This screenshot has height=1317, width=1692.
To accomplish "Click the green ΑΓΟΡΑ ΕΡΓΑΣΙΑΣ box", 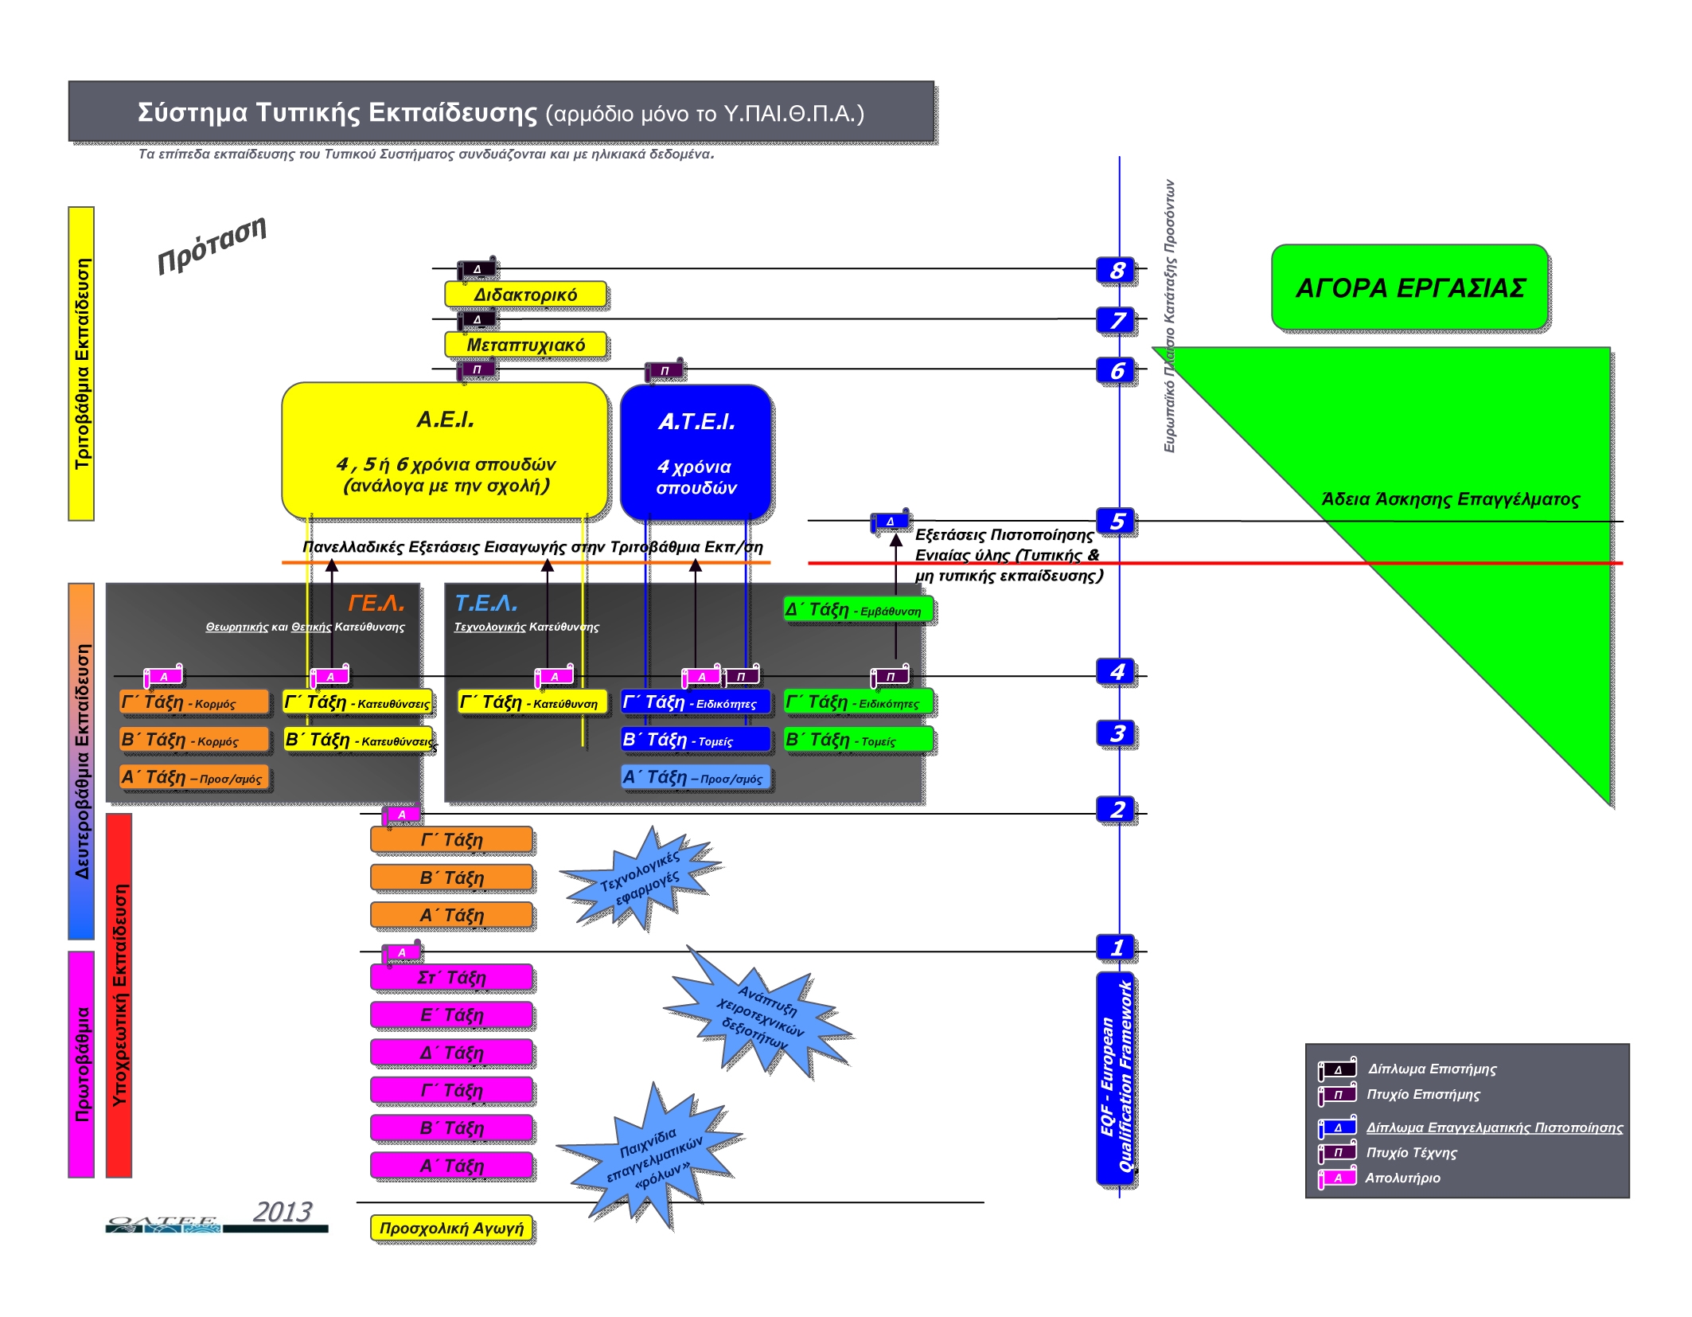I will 1409,287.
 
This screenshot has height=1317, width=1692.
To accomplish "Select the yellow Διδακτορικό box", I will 525,295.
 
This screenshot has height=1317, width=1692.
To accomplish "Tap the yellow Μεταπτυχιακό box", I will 525,345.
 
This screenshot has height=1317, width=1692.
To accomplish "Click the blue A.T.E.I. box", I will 696,452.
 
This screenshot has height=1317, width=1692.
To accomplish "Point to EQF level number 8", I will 1117,271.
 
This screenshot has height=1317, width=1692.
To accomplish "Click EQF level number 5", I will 1117,521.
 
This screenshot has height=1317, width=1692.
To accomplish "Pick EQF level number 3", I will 1117,733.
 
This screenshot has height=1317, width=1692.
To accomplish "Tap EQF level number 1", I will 1117,948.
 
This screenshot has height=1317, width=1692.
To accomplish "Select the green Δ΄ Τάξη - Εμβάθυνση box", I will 858,610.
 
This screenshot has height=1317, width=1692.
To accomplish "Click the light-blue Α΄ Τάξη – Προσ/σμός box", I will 696,777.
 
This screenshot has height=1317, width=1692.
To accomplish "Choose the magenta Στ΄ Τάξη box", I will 451,977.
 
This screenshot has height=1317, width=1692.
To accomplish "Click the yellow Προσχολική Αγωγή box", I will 451,1228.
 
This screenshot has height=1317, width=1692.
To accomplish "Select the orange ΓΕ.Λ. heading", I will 376,603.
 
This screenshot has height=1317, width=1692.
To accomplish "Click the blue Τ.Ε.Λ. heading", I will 485,603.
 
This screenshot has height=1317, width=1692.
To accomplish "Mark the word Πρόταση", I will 212,244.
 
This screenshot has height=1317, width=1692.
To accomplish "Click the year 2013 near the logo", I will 283,1212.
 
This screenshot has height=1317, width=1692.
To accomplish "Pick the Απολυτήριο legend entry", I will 1402,1178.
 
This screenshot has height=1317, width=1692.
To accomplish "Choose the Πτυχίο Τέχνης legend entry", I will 1411,1152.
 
